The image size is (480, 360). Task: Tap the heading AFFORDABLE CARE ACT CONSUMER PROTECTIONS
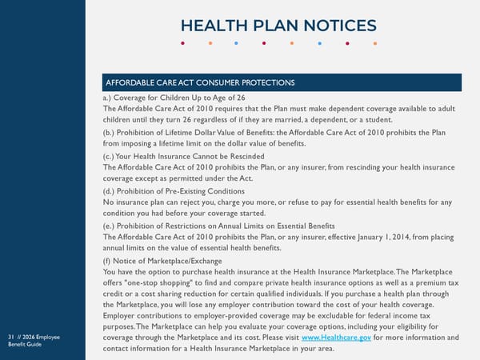click(x=201, y=83)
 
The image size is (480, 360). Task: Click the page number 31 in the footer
click(x=9, y=337)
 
